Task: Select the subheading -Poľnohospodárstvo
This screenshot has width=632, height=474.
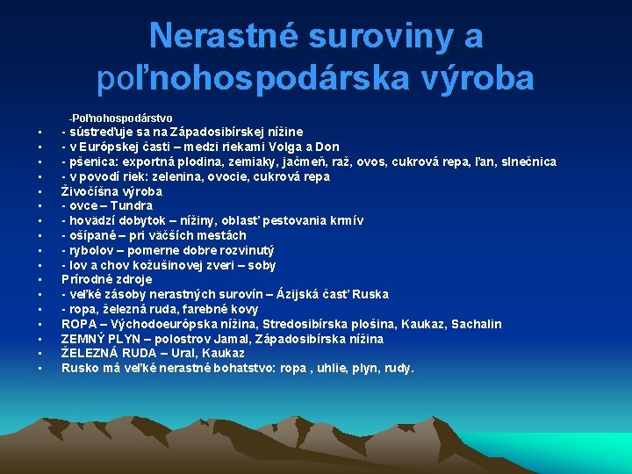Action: pos(120,118)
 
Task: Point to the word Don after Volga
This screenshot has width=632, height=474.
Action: pos(327,147)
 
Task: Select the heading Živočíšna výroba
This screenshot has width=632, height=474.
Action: pos(111,191)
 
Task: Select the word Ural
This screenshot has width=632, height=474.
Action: pos(189,353)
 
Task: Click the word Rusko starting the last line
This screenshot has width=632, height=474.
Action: pos(79,368)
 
